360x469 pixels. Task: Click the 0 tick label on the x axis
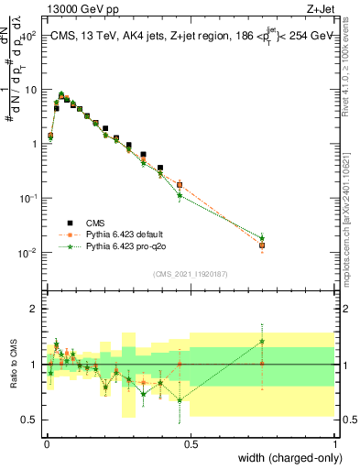click(x=46, y=444)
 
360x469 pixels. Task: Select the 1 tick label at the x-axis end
click(x=335, y=444)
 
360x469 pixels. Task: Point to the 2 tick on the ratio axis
click(x=33, y=309)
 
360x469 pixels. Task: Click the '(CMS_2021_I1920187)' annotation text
click(x=190, y=273)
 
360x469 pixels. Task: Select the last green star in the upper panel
click(x=262, y=237)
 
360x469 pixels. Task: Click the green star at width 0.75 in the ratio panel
click(x=262, y=342)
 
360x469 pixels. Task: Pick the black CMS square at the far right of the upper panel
click(x=262, y=245)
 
